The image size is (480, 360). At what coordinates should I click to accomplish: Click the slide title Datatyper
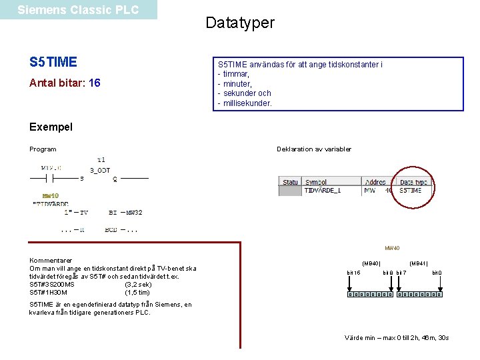coord(239,23)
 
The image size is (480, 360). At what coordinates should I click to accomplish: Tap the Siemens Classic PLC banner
coord(78,10)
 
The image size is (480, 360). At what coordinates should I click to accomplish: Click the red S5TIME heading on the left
coord(53,63)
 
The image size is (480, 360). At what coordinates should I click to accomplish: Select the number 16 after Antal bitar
coord(95,83)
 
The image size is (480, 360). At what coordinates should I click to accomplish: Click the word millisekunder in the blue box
coord(247,103)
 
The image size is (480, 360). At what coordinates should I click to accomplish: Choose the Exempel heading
coord(51,127)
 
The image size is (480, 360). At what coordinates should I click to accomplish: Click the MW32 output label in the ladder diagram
coord(134,213)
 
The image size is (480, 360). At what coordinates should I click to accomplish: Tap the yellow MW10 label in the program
coord(51,195)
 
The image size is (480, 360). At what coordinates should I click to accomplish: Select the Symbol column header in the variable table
coord(316,182)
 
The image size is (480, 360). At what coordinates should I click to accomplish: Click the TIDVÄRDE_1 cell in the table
coord(323,191)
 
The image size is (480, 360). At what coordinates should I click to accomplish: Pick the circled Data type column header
coord(413,182)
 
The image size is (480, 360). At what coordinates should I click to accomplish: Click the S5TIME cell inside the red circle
coord(411,191)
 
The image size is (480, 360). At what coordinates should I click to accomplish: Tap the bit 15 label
coord(354,273)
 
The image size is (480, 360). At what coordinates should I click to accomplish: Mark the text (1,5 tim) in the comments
coord(137,293)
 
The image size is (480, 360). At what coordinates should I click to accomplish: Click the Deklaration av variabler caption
coord(314,149)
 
